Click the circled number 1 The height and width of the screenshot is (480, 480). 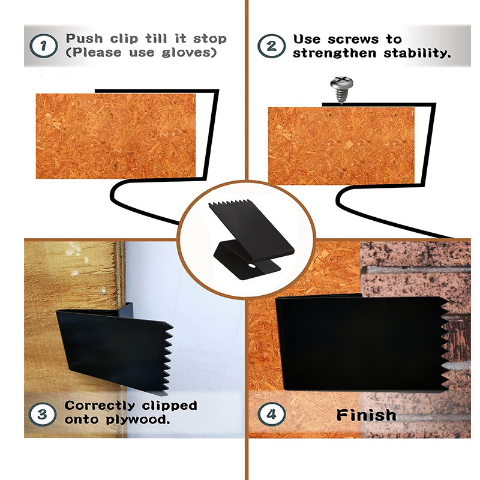tap(43, 46)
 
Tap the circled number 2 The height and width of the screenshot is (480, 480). tap(271, 46)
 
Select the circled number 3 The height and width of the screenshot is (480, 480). tap(42, 415)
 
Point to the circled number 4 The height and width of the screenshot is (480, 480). tap(271, 415)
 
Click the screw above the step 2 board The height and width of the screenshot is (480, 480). tap(341, 89)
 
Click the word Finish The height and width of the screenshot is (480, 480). tap(366, 415)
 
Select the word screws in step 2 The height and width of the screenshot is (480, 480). tap(353, 39)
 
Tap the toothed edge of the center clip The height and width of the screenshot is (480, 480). tap(229, 202)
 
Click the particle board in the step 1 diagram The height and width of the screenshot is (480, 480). tap(116, 136)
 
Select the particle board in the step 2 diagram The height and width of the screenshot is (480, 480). tap(341, 146)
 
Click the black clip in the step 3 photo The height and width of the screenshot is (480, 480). tap(115, 349)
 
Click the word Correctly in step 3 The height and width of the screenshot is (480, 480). tap(100, 406)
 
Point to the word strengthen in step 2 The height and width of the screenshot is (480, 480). tap(334, 53)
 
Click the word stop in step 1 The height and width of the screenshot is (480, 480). tap(210, 39)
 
